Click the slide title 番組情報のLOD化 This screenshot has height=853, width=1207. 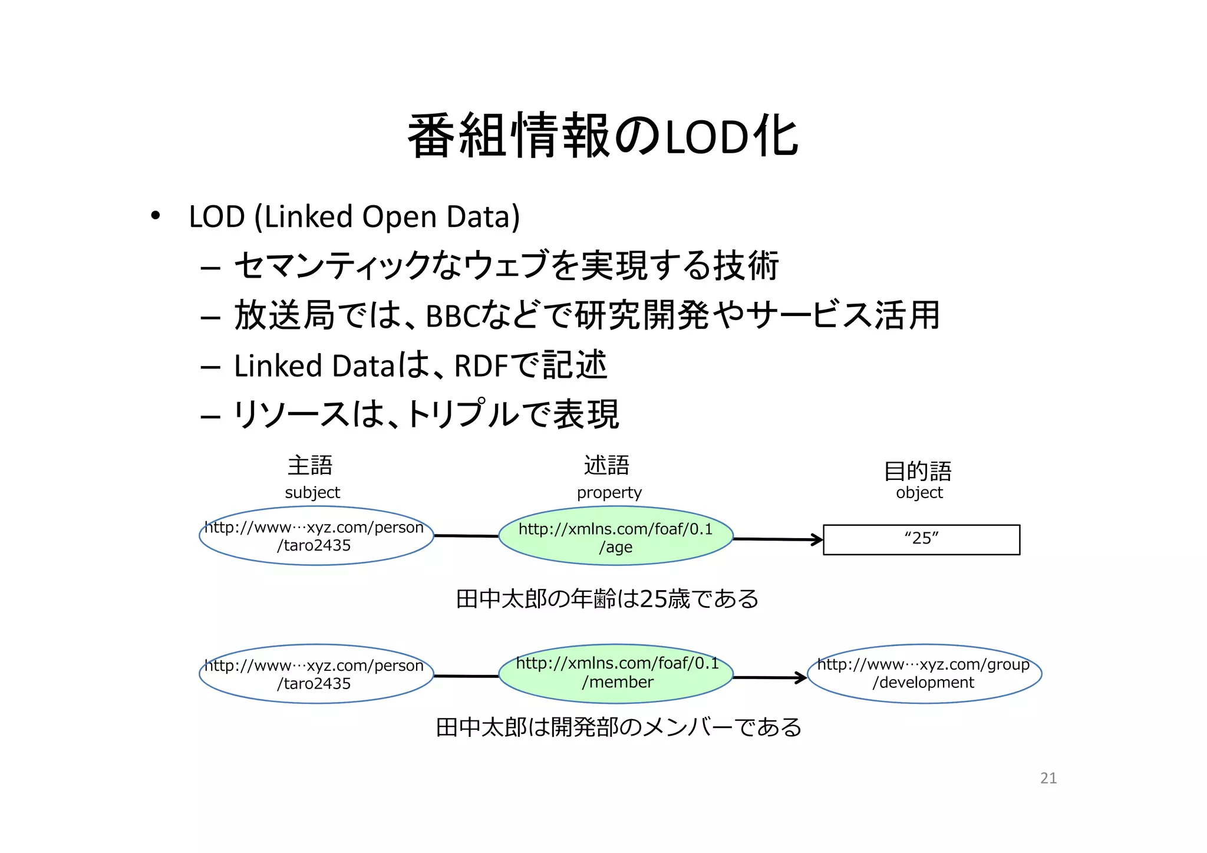click(x=602, y=136)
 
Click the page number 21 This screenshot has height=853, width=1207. click(x=1048, y=778)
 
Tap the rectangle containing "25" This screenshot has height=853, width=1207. click(x=921, y=539)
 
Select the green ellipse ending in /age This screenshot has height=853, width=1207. click(x=616, y=536)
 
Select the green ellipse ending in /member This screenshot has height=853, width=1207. click(x=616, y=673)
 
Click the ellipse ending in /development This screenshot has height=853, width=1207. click(x=924, y=673)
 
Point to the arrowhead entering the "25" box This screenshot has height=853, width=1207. click(x=818, y=539)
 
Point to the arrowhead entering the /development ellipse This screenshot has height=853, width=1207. click(x=802, y=678)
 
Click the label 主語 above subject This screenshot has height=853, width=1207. click(x=310, y=466)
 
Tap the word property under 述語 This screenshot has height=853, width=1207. click(x=609, y=493)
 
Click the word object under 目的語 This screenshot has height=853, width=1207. click(x=919, y=493)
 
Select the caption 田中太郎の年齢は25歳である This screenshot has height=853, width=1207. click(x=607, y=599)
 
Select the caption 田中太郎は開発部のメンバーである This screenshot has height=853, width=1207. click(x=618, y=727)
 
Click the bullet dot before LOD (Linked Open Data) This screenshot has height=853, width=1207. click(x=155, y=216)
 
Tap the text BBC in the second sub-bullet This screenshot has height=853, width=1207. click(x=453, y=317)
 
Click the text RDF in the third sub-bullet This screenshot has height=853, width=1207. click(x=481, y=366)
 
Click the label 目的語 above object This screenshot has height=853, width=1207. click(x=918, y=471)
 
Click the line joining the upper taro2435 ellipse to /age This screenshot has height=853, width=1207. click(x=466, y=536)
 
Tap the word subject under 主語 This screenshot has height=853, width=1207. click(x=312, y=493)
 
